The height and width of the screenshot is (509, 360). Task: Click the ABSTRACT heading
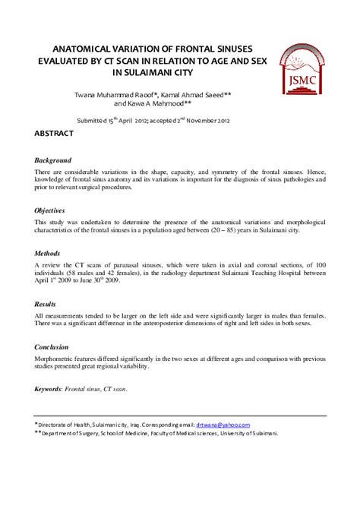[x=54, y=134]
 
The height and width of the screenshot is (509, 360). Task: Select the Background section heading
[x=53, y=160]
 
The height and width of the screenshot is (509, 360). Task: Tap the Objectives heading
[x=50, y=210]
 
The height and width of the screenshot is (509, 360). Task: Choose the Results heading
[x=46, y=302]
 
